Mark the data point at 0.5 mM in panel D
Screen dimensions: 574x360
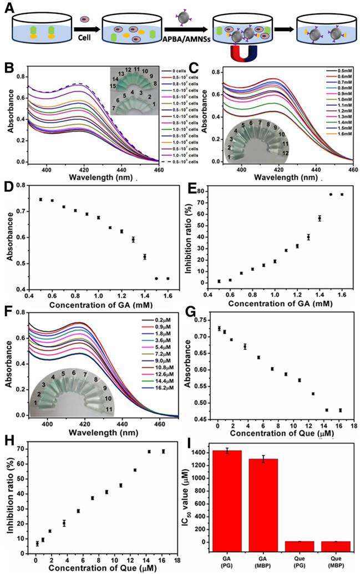(x=40, y=199)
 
